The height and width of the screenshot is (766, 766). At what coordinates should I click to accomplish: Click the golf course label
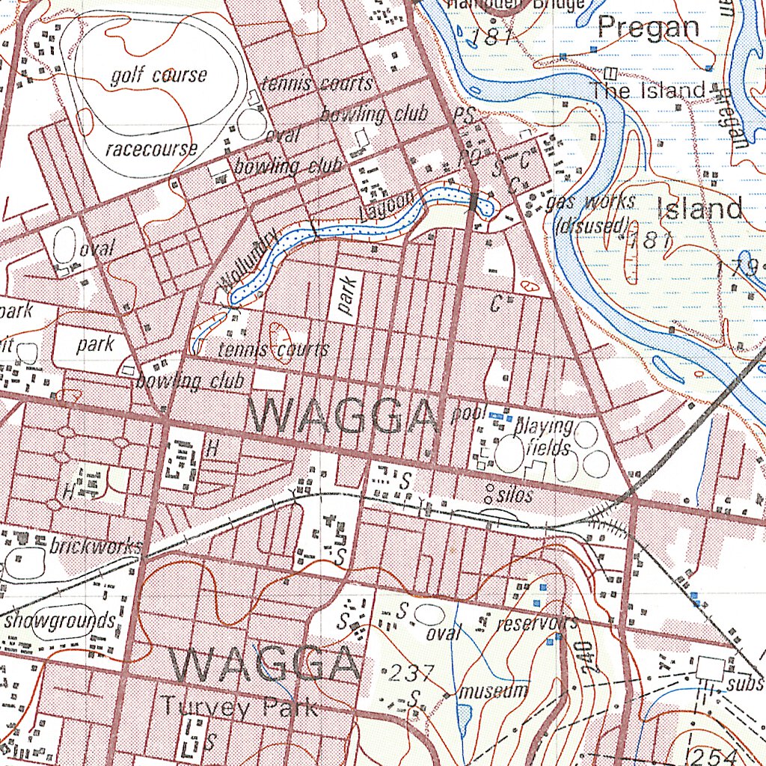pyautogui.click(x=159, y=76)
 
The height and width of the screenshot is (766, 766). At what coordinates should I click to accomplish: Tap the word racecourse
pyautogui.click(x=152, y=147)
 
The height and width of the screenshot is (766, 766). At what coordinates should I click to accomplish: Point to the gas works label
pyautogui.click(x=591, y=202)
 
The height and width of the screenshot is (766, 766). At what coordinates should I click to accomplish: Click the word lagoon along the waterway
pyautogui.click(x=386, y=206)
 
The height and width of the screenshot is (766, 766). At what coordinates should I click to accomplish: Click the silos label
pyautogui.click(x=515, y=495)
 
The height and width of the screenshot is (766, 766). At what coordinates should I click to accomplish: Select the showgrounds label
pyautogui.click(x=60, y=620)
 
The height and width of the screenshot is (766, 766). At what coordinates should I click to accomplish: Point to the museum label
pyautogui.click(x=494, y=690)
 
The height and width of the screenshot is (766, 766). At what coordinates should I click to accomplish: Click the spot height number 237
pyautogui.click(x=411, y=673)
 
